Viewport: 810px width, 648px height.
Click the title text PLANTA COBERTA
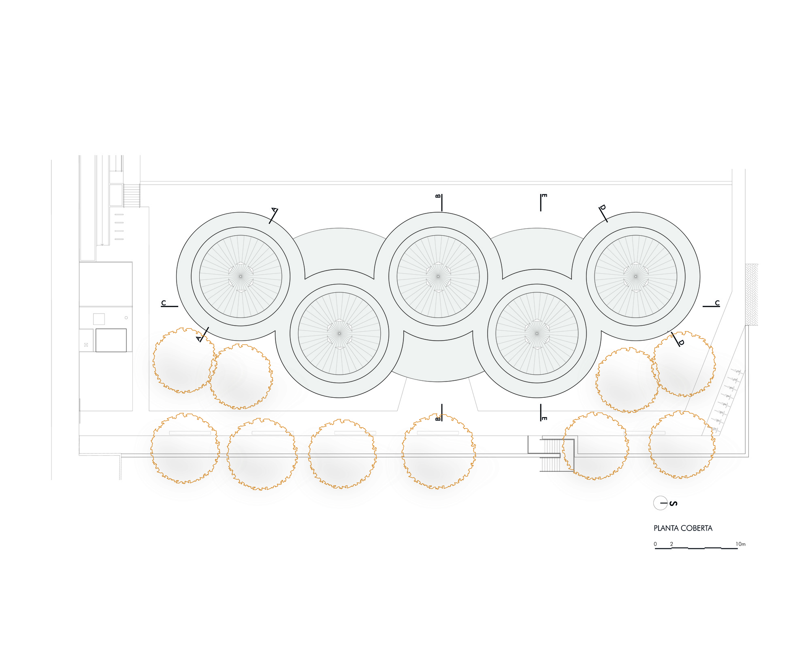click(683, 528)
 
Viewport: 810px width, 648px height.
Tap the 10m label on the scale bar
click(741, 544)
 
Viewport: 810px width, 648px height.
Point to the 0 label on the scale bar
click(655, 544)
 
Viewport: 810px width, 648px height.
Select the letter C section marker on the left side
click(164, 303)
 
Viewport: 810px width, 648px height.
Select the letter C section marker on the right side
click(717, 303)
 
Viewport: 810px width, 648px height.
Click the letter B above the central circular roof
click(438, 196)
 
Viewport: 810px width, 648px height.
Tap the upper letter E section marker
click(544, 196)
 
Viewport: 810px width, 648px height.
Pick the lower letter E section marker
click(544, 418)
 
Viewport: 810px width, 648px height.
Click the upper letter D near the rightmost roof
click(602, 207)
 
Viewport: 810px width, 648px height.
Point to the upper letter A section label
click(274, 210)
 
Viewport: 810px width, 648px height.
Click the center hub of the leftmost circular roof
click(241, 276)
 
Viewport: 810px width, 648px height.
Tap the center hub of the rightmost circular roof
click(635, 276)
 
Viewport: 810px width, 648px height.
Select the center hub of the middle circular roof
click(438, 276)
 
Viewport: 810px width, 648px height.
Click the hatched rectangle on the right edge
click(752, 294)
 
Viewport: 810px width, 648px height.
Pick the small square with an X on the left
click(86, 345)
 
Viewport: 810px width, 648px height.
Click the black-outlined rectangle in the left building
click(111, 340)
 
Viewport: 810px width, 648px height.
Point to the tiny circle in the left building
click(126, 318)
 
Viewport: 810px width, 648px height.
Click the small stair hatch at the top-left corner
click(131, 196)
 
